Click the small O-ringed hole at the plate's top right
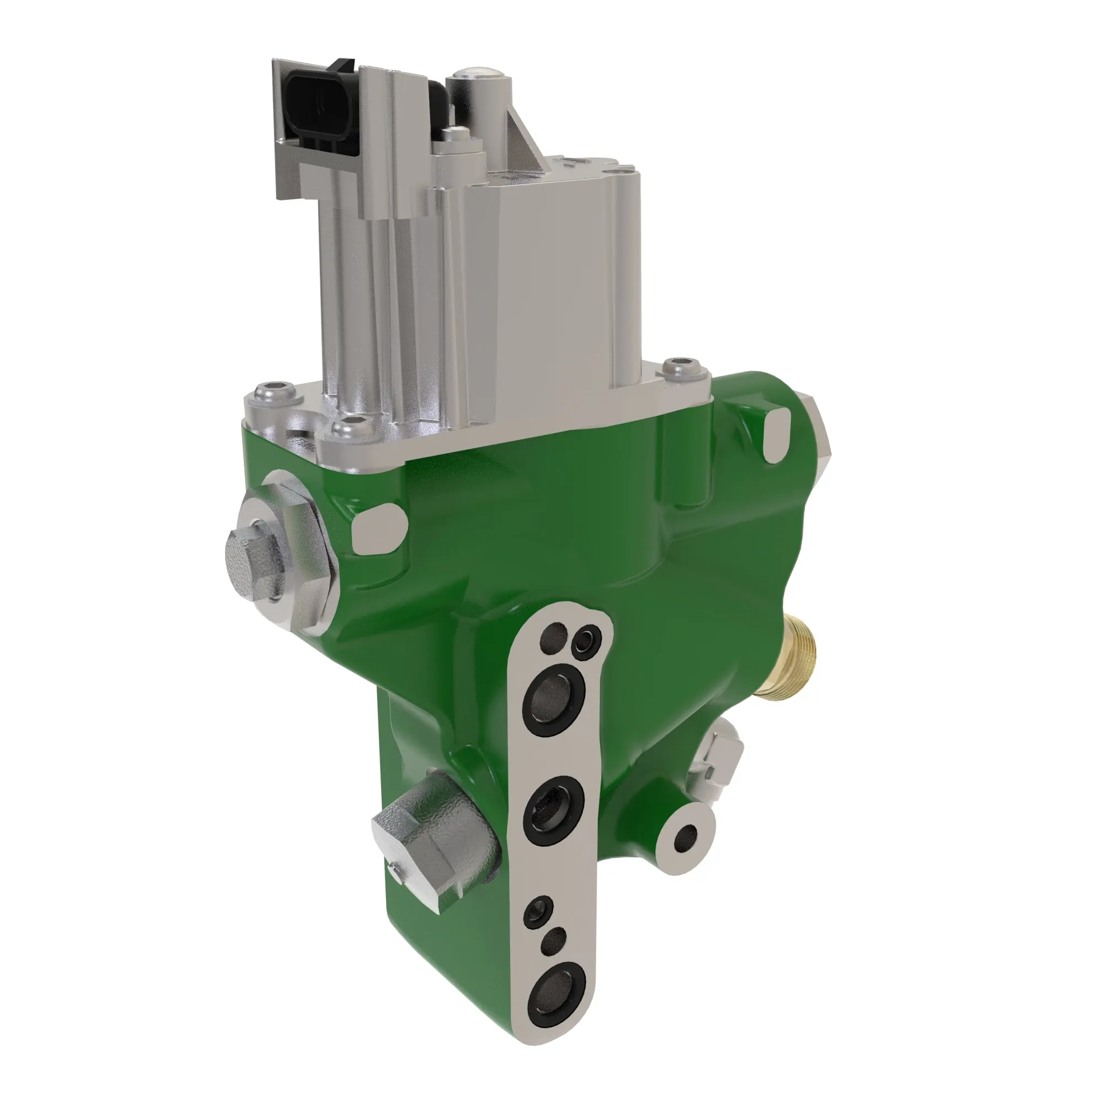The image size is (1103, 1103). [x=587, y=639]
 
